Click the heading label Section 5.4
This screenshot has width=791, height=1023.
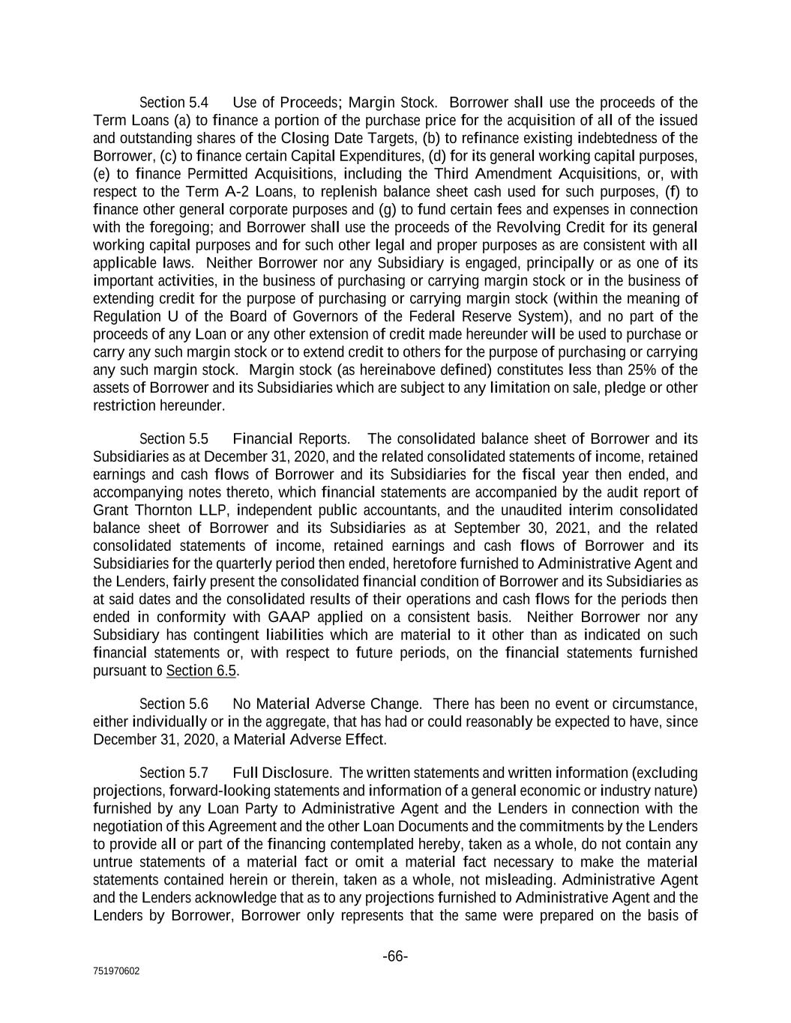174,103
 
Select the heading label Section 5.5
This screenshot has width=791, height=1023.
174,438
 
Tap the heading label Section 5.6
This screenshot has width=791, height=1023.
174,704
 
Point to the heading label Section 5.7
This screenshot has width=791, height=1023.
174,773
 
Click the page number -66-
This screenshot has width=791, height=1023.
395,956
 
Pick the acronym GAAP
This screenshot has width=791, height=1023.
289,618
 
